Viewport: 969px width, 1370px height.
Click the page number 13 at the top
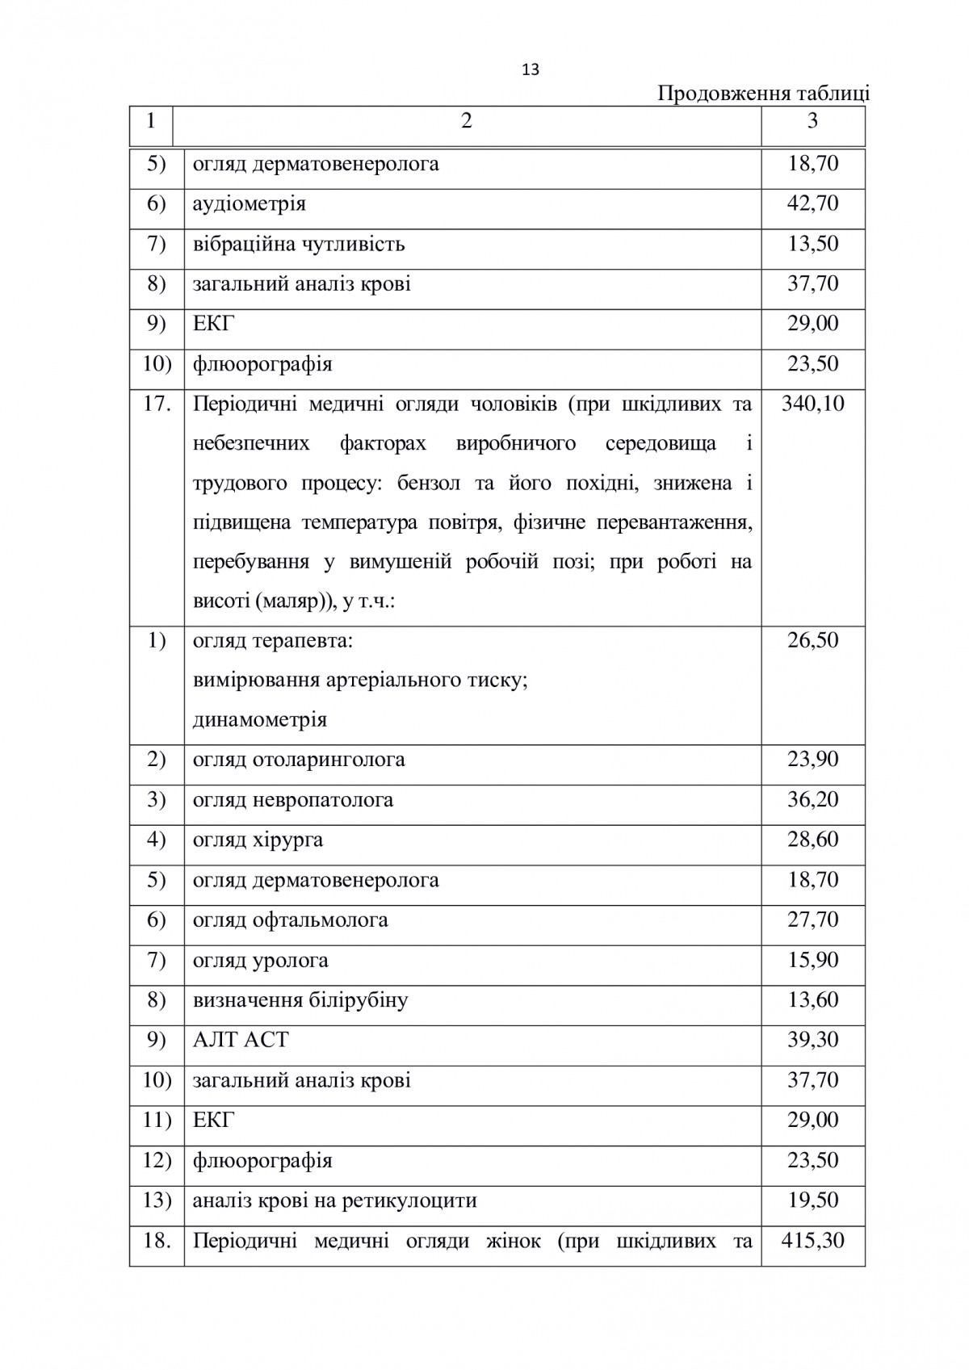click(x=531, y=70)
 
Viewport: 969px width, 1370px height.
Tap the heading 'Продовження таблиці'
click(x=763, y=94)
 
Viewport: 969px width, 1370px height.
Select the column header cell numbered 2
click(x=466, y=121)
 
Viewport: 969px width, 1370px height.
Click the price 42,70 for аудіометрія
click(x=812, y=203)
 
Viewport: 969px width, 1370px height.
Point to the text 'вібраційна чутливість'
click(x=299, y=244)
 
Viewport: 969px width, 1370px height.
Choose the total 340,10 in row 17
click(x=812, y=403)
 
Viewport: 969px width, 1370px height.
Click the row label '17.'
click(x=157, y=403)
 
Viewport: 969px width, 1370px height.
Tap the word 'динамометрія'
click(x=259, y=719)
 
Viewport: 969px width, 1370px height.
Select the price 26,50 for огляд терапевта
click(x=812, y=640)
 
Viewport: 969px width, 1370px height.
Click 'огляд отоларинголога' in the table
click(x=299, y=760)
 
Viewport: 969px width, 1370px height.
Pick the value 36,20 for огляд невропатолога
click(x=812, y=799)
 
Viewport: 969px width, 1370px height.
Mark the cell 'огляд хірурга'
click(x=258, y=840)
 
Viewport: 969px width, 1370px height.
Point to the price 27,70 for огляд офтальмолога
click(x=812, y=920)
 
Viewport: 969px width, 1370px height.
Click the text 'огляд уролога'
click(x=260, y=961)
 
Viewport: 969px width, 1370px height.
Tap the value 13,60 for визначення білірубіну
click(x=812, y=999)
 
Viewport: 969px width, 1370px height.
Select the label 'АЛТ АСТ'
click(x=240, y=1040)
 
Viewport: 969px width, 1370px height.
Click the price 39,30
click(x=812, y=1040)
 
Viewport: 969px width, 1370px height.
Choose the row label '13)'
click(x=157, y=1200)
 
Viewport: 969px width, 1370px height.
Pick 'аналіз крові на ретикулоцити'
click(x=334, y=1200)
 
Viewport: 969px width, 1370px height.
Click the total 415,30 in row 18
click(x=812, y=1240)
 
